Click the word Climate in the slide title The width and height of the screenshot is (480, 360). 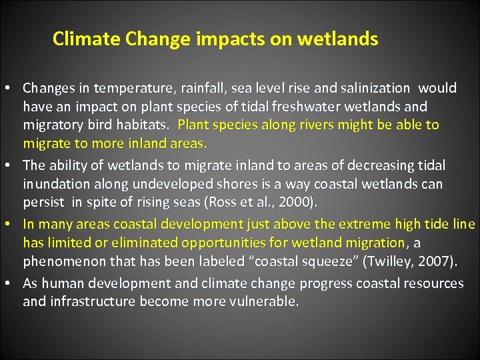pos(78,39)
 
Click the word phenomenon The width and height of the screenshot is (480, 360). pos(59,262)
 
